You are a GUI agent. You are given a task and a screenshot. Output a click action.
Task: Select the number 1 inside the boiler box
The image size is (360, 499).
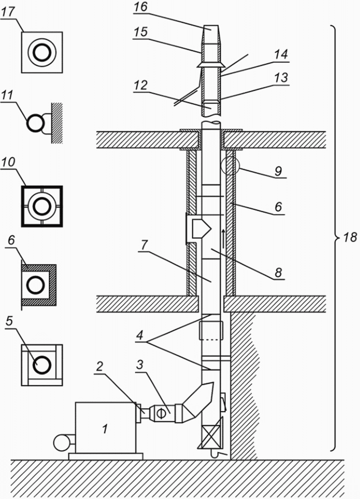(105, 429)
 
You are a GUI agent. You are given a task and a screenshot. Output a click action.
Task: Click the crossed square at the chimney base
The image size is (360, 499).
(211, 436)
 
